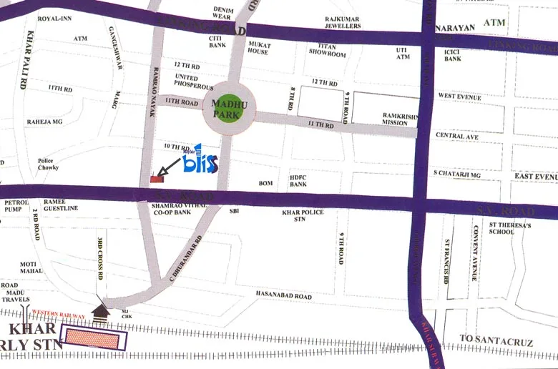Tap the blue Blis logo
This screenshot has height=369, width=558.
click(198, 162)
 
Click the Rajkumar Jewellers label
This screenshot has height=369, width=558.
click(343, 22)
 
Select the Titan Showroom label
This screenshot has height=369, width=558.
click(327, 50)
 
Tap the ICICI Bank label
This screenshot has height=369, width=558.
click(452, 54)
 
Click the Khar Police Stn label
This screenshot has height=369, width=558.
click(303, 215)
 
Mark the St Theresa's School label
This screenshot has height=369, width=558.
click(511, 227)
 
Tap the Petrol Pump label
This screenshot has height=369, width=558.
click(16, 205)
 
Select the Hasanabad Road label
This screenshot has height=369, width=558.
click(284, 295)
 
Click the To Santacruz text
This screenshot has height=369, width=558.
click(486, 343)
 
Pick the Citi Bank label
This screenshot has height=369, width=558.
click(217, 41)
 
